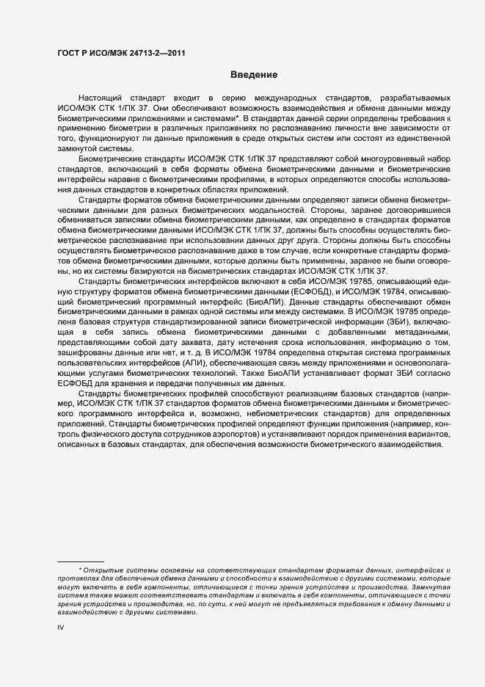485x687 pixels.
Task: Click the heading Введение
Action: pyautogui.click(x=253, y=75)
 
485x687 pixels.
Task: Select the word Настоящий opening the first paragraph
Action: pyautogui.click(x=100, y=98)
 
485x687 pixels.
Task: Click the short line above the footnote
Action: pyautogui.click(x=81, y=561)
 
